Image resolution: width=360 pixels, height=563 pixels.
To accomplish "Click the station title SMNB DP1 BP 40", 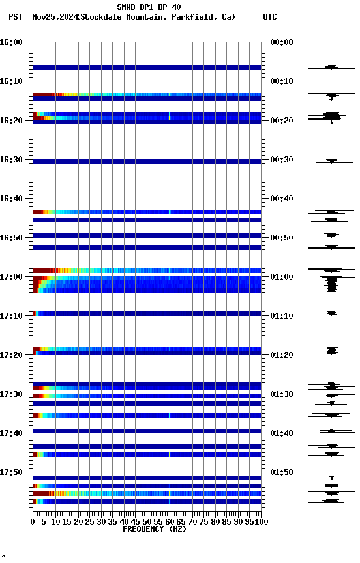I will [149, 7].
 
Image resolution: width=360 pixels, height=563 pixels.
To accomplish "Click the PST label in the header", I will [16, 17].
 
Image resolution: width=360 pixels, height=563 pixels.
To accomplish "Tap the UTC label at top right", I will [269, 17].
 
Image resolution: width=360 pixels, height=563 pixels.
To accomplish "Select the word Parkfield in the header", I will [192, 17].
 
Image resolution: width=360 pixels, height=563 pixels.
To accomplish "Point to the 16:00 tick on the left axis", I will [12, 42].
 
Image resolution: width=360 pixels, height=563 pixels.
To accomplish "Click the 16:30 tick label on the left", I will [12, 160].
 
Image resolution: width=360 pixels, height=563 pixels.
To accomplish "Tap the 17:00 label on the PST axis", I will [12, 277].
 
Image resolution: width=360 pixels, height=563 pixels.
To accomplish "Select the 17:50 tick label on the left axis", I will [12, 472].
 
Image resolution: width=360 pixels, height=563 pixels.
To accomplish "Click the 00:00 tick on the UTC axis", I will [281, 42].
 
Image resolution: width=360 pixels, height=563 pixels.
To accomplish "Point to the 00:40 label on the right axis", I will [281, 199].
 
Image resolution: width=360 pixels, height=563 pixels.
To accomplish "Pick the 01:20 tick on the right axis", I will [281, 355].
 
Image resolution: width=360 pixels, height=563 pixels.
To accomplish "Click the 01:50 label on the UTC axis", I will [281, 472].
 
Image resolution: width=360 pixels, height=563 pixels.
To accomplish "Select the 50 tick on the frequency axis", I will [147, 522].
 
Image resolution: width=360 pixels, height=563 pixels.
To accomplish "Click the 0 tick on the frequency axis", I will [33, 522].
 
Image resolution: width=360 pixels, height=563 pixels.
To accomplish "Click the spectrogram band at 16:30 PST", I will [147, 161].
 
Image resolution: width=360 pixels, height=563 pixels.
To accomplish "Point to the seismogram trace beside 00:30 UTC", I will [331, 161].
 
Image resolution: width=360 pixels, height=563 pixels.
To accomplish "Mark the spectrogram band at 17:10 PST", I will [147, 313].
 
